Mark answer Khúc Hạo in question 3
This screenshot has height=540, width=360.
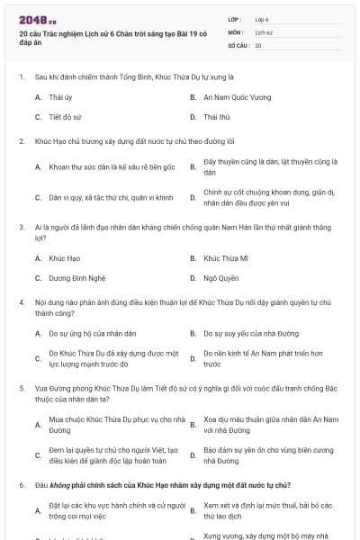[64, 257]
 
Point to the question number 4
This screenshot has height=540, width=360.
[21, 303]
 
